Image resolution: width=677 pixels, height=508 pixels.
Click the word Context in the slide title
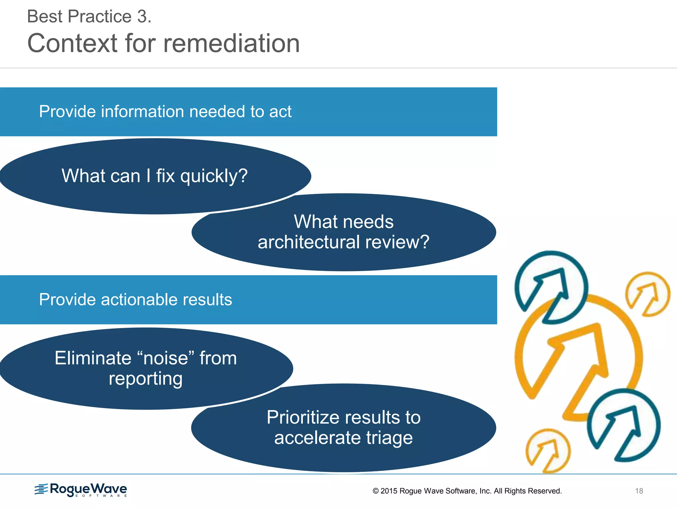72,43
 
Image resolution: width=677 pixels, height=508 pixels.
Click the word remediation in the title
231,43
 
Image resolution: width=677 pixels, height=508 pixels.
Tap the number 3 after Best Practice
142,17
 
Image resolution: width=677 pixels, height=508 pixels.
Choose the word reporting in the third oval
145,379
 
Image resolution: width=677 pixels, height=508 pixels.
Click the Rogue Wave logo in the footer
81,490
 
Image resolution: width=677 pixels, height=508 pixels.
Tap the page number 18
639,491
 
